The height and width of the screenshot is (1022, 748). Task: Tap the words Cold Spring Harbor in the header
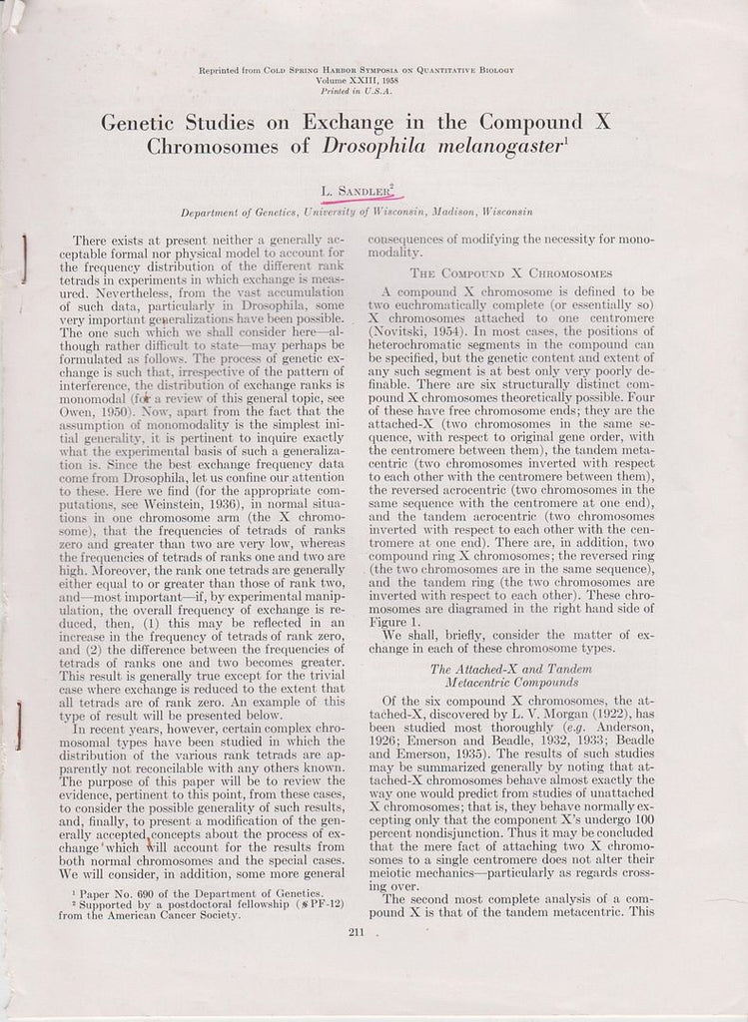tap(325, 70)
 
